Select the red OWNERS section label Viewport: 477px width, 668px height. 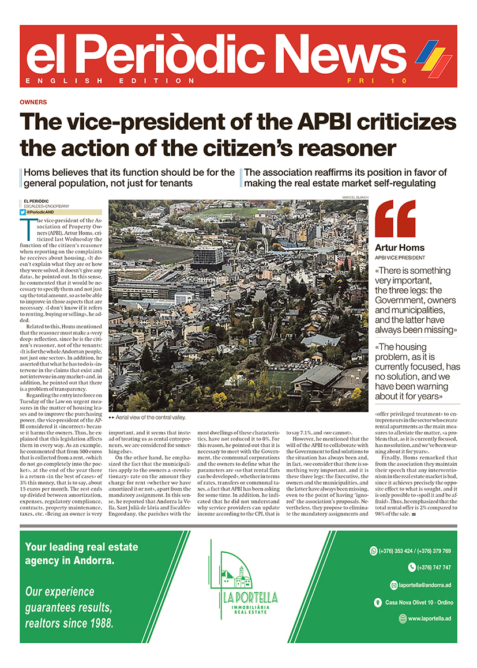33,101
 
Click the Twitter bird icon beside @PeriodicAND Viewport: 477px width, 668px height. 22,212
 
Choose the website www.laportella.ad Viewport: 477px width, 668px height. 430,618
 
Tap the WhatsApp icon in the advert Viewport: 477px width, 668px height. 373,551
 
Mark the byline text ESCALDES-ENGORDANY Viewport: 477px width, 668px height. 48,206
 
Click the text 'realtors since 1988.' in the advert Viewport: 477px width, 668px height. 69,623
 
